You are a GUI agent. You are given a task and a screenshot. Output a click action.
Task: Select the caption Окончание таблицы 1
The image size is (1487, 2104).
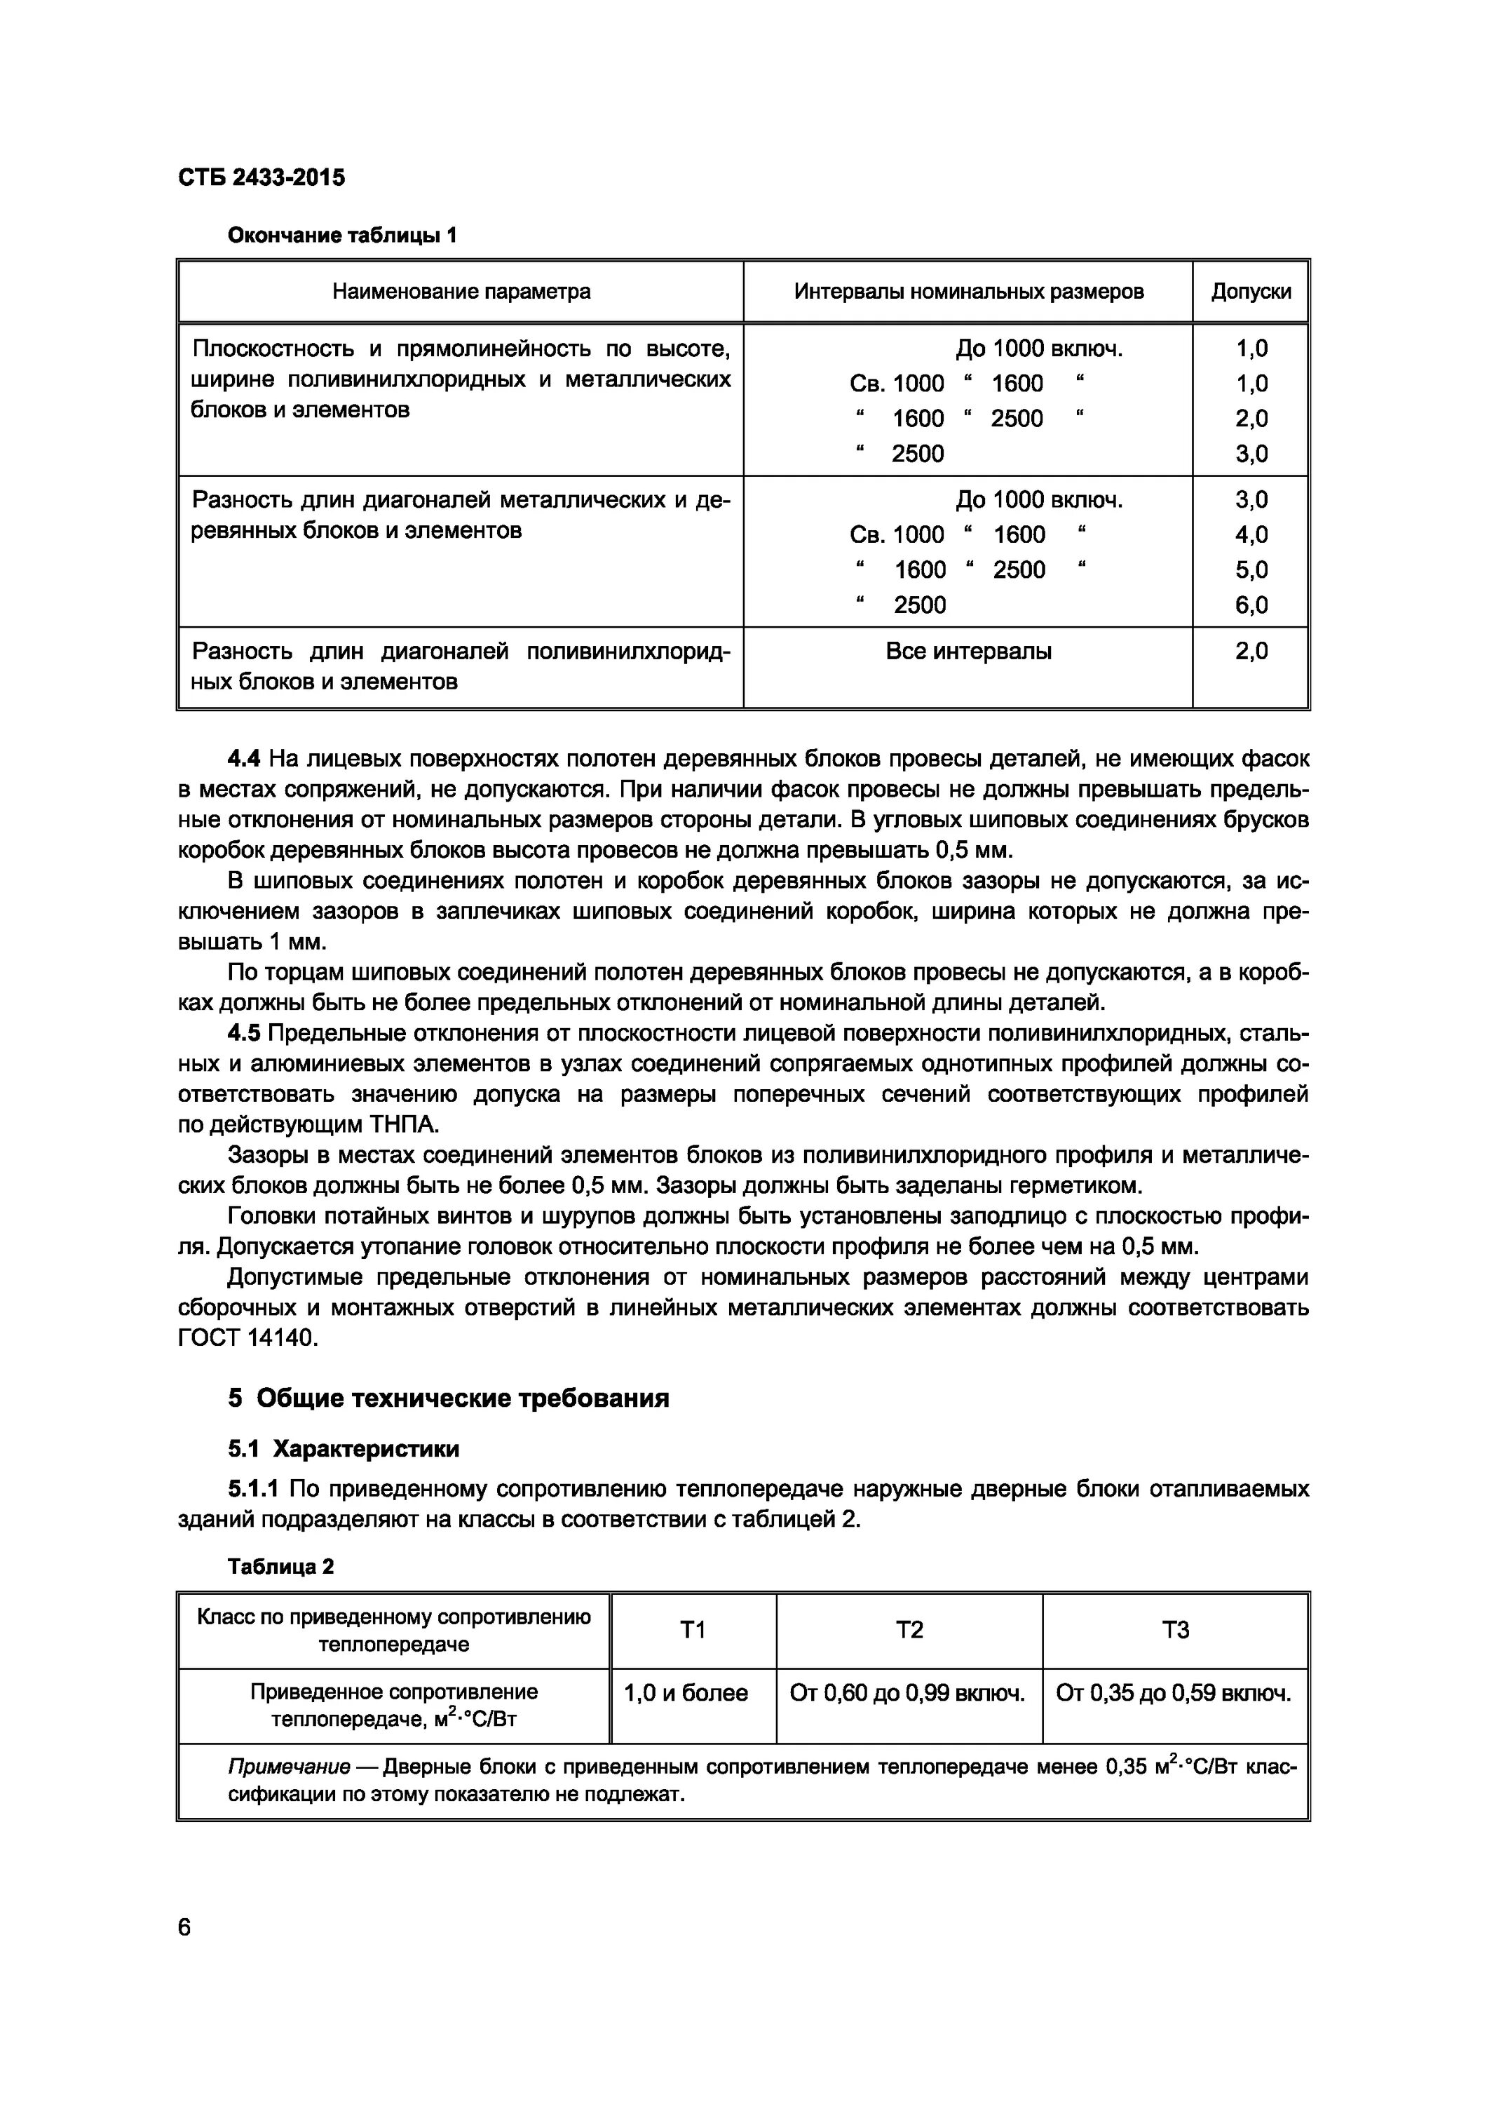click(341, 236)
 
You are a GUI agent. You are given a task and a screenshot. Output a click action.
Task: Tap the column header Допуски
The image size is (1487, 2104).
click(1251, 292)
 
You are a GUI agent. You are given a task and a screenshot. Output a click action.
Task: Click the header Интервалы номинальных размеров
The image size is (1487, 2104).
click(967, 292)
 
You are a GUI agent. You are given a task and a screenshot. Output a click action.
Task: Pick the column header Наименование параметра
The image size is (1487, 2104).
click(460, 292)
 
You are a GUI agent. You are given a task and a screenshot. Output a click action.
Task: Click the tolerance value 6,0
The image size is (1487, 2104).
click(1251, 605)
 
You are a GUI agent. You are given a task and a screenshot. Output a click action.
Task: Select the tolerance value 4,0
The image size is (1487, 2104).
click(1251, 534)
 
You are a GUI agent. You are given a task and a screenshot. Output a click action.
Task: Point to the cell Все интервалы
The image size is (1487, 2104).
click(967, 652)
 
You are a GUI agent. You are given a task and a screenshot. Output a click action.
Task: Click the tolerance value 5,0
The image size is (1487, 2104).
click(1251, 570)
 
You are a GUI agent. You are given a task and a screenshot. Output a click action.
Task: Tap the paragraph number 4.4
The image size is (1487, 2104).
click(244, 759)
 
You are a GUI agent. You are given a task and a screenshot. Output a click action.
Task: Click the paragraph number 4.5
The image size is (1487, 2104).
click(244, 1034)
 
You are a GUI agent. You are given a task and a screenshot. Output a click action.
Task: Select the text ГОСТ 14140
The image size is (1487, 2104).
click(247, 1339)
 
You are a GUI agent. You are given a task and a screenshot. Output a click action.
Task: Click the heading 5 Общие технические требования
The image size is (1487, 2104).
click(448, 1398)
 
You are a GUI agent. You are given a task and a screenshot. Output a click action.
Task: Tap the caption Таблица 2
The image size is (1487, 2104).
click(280, 1566)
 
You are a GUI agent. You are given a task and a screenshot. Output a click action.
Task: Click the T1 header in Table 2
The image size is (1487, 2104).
click(693, 1629)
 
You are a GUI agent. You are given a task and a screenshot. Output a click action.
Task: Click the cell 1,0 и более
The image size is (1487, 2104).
click(686, 1692)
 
